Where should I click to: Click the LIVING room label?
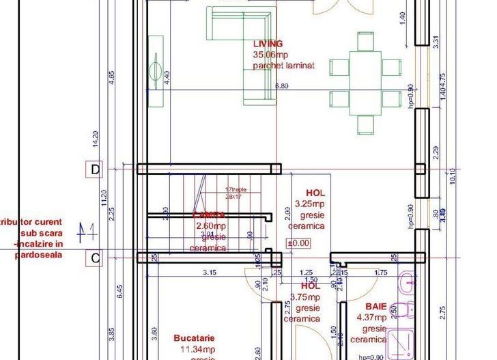click(x=268, y=44)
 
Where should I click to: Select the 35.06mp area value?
click(x=270, y=55)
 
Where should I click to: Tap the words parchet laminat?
click(x=283, y=66)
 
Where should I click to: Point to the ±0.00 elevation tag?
click(x=298, y=243)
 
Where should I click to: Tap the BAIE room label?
click(x=377, y=307)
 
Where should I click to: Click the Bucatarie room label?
click(x=195, y=338)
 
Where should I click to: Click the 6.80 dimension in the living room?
click(x=281, y=87)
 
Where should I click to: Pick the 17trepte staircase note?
click(x=235, y=189)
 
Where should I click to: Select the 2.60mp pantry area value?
click(x=211, y=226)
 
